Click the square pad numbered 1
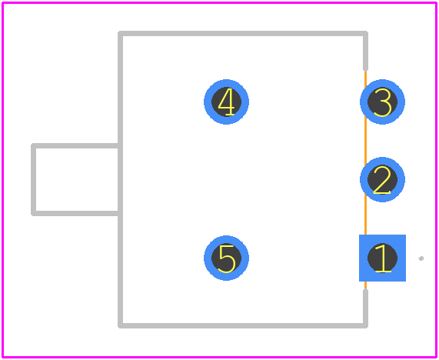(x=382, y=258)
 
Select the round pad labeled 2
(x=382, y=179)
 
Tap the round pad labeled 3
(x=382, y=102)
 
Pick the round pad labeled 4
(x=226, y=102)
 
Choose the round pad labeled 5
(x=226, y=258)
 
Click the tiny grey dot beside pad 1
(x=421, y=258)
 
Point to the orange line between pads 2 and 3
(x=365, y=141)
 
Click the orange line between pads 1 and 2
(x=365, y=218)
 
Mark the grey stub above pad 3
(x=365, y=51)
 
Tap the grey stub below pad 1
(x=365, y=308)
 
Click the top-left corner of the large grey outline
(x=121, y=34)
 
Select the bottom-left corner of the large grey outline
(x=121, y=325)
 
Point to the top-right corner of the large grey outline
(x=365, y=34)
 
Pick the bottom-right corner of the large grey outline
(x=365, y=325)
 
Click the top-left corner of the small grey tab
(x=33, y=145)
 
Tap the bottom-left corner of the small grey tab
(x=33, y=214)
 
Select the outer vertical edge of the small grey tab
(x=33, y=179)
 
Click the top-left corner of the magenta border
(x=2, y=3)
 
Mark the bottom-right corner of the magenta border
(x=436, y=357)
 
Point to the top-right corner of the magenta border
(x=436, y=3)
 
